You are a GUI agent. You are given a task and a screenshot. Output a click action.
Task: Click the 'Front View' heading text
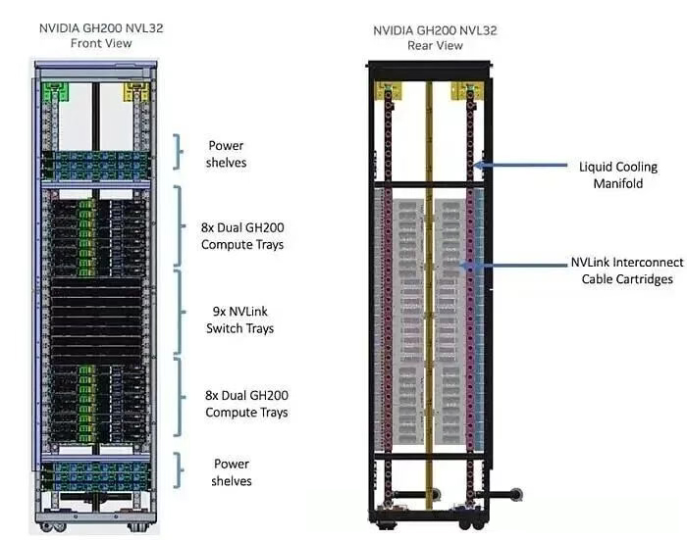click(100, 44)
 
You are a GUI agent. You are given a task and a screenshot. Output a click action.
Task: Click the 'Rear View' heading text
click(435, 45)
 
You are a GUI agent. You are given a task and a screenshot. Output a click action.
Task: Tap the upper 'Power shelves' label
click(226, 153)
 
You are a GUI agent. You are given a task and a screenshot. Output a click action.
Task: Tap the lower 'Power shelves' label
click(232, 472)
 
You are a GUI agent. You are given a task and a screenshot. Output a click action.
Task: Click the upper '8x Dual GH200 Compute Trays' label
click(241, 236)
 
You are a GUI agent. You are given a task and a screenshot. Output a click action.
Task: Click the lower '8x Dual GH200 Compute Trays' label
click(245, 404)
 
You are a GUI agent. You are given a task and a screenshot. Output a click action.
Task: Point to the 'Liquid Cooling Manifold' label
click(618, 174)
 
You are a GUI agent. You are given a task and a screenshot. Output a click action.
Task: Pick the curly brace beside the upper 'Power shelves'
click(180, 152)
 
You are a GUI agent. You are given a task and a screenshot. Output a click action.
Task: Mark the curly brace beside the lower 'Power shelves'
click(180, 470)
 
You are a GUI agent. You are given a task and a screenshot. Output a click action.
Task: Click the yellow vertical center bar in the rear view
click(428, 294)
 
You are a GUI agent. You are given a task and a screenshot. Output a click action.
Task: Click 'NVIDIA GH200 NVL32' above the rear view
click(435, 30)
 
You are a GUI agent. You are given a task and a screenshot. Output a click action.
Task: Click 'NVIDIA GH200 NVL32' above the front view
click(100, 28)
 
